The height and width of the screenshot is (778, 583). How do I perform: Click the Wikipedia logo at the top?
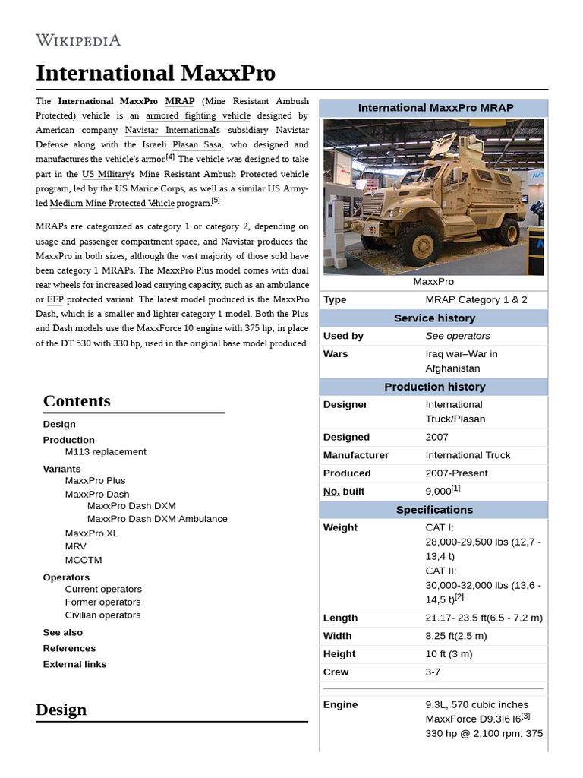click(x=78, y=40)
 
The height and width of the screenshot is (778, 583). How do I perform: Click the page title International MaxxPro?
click(x=156, y=73)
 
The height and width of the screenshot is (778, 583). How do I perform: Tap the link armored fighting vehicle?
click(x=197, y=115)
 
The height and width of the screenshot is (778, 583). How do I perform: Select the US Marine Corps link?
click(x=150, y=188)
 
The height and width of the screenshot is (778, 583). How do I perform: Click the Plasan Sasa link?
click(x=197, y=144)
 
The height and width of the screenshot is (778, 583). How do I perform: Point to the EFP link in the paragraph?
click(x=55, y=299)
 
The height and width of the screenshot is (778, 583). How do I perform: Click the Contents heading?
click(x=77, y=401)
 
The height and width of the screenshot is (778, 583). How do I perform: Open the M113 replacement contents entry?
click(x=106, y=451)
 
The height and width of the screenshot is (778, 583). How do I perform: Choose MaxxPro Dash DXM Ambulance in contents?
click(x=157, y=519)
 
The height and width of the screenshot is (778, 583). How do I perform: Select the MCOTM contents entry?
click(x=84, y=560)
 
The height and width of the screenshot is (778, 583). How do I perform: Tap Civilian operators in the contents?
click(x=102, y=615)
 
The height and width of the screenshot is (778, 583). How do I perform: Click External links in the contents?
click(x=74, y=664)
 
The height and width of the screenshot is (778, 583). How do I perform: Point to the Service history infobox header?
click(x=434, y=318)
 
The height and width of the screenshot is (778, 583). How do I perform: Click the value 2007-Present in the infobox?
click(x=456, y=473)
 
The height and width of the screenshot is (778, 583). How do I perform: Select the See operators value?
click(x=458, y=336)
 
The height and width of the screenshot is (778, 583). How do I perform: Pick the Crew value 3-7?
click(x=433, y=672)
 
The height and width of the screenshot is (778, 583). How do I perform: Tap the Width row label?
click(x=338, y=636)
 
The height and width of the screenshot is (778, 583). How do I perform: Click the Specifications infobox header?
click(x=434, y=509)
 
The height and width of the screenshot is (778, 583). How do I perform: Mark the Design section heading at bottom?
click(x=61, y=710)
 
